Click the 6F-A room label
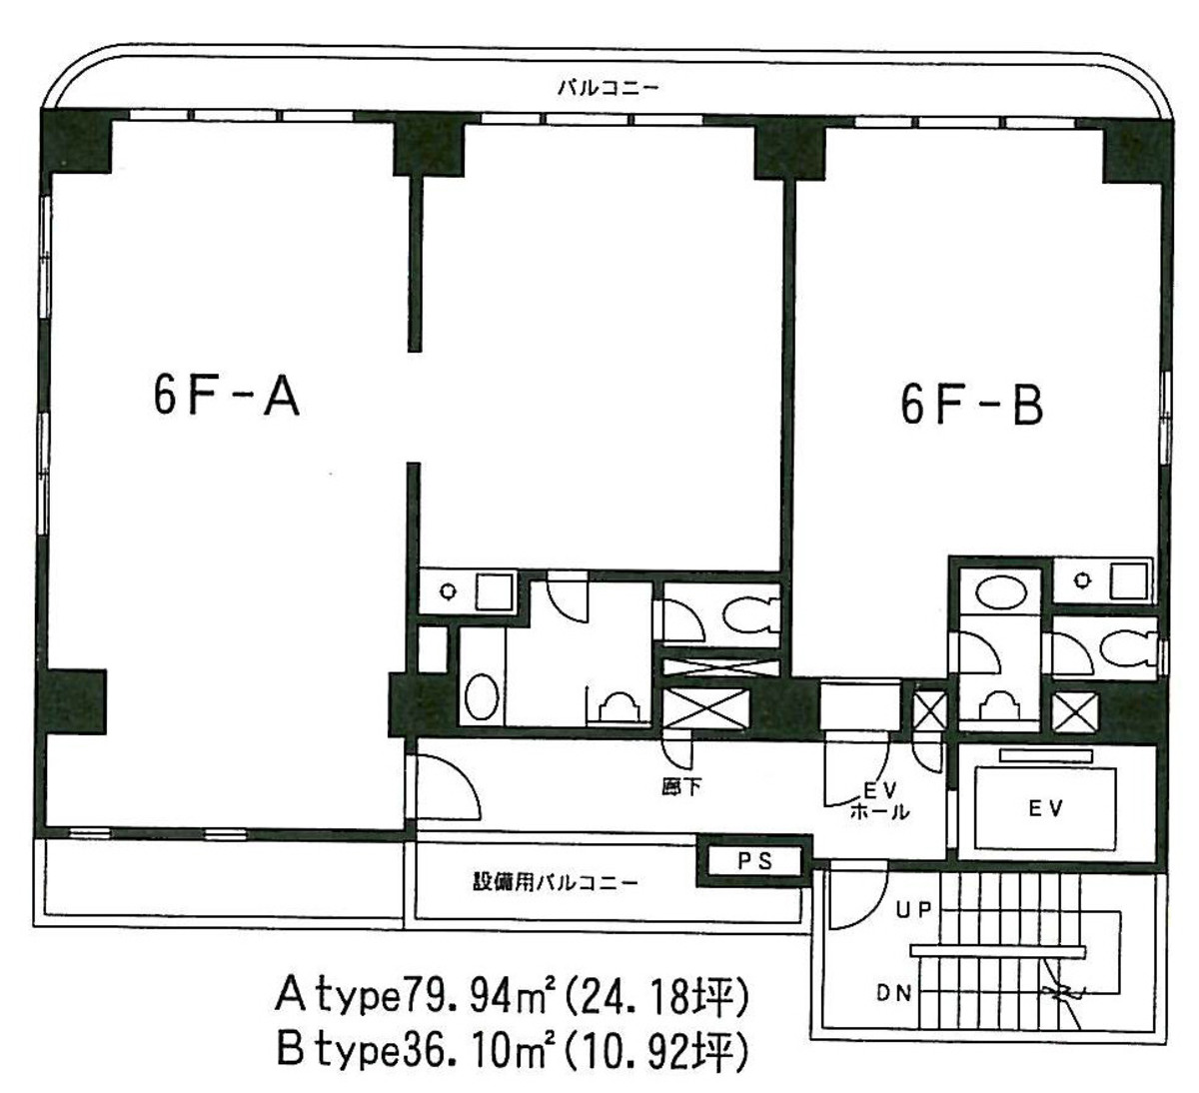pos(227,399)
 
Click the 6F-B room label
pos(971,408)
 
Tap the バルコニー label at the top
pos(607,88)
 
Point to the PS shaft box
pos(755,862)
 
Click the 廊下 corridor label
pos(681,787)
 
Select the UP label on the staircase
pos(913,910)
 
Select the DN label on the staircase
pos(896,993)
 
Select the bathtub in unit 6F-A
pos(483,694)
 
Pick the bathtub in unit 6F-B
pos(999,592)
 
